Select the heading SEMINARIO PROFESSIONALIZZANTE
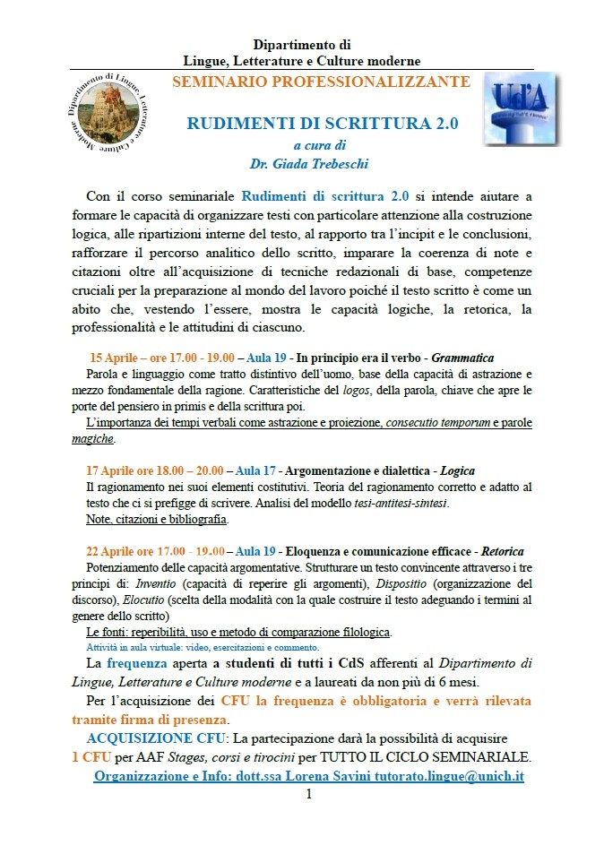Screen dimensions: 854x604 321,82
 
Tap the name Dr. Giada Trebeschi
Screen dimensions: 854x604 321,163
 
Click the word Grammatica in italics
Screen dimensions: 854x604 463,358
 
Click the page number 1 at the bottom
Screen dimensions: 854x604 308,794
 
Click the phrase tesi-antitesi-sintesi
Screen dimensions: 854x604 404,503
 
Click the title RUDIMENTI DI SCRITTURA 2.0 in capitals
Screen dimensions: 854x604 323,124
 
